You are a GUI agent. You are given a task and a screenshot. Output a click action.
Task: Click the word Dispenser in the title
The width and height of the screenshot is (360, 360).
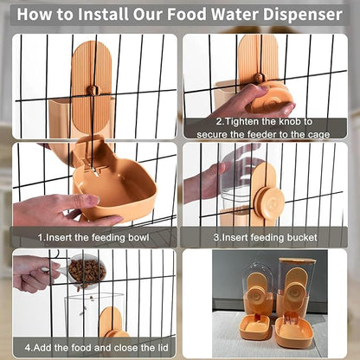click(303, 14)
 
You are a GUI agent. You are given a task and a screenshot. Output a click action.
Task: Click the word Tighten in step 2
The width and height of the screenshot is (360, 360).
click(241, 121)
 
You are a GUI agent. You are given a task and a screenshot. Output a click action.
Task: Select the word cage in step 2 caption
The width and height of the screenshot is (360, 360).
click(318, 135)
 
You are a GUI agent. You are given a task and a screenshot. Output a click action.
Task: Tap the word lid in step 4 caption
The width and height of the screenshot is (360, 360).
click(162, 347)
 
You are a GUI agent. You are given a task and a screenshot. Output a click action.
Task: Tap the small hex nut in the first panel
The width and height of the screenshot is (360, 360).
click(93, 90)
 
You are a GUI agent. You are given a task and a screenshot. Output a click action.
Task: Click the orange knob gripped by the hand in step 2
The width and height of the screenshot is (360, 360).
click(268, 99)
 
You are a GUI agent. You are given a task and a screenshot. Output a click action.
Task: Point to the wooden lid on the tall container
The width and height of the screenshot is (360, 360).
click(297, 261)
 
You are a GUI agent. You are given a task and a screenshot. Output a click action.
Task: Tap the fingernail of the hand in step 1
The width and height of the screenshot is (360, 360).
click(93, 199)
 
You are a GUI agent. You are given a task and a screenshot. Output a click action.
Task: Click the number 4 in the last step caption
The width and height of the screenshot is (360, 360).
click(28, 347)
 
